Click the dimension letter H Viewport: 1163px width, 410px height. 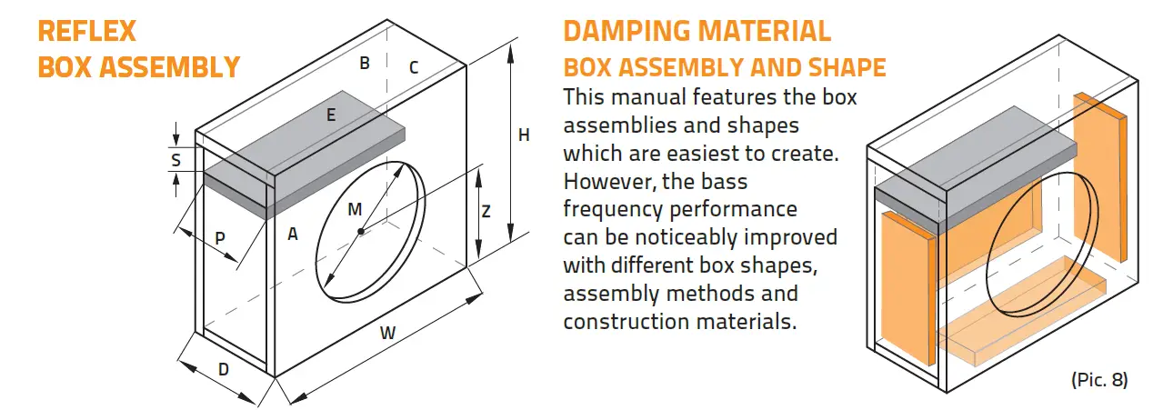(x=524, y=135)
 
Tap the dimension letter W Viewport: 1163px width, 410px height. (x=388, y=333)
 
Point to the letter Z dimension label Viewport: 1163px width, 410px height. (x=486, y=212)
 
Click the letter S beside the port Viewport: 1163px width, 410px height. (x=176, y=160)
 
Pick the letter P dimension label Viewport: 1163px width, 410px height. (x=220, y=237)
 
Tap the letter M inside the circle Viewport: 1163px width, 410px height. (x=355, y=210)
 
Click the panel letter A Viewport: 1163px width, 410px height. (x=293, y=235)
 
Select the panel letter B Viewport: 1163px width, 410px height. (x=365, y=64)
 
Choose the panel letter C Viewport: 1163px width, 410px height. (x=413, y=67)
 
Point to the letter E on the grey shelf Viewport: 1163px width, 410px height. (x=331, y=115)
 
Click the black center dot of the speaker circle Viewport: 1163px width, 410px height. (x=361, y=232)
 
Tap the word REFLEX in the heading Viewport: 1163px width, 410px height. (x=87, y=32)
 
